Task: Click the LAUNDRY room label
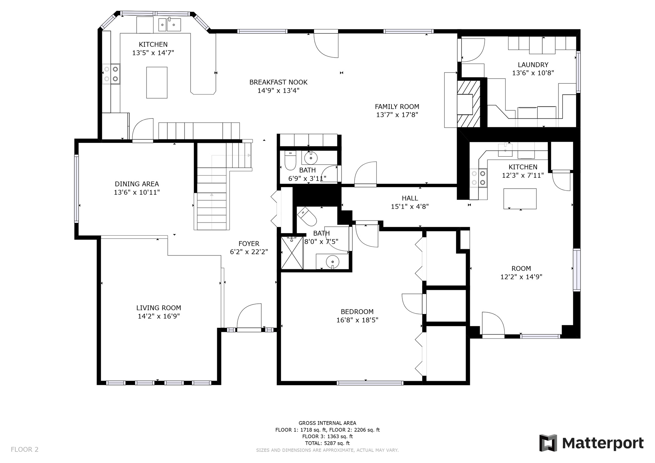[x=533, y=65]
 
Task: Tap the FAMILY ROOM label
[x=397, y=106]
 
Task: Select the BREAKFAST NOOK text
[x=278, y=82]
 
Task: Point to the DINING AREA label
[x=137, y=184]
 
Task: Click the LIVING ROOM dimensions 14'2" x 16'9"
[x=159, y=316]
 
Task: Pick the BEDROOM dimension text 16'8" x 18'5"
[x=357, y=320]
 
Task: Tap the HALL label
[x=410, y=198]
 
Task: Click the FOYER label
[x=249, y=244]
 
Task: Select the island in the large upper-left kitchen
[x=157, y=82]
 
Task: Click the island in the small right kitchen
[x=520, y=199]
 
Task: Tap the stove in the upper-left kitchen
[x=111, y=74]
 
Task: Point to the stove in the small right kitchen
[x=478, y=178]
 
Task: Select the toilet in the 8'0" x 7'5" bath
[x=307, y=216]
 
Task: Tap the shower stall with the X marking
[x=292, y=253]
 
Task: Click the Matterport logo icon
[x=548, y=443]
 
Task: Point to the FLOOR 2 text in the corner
[x=25, y=449]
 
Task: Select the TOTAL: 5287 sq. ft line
[x=327, y=443]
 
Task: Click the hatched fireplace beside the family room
[x=469, y=104]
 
